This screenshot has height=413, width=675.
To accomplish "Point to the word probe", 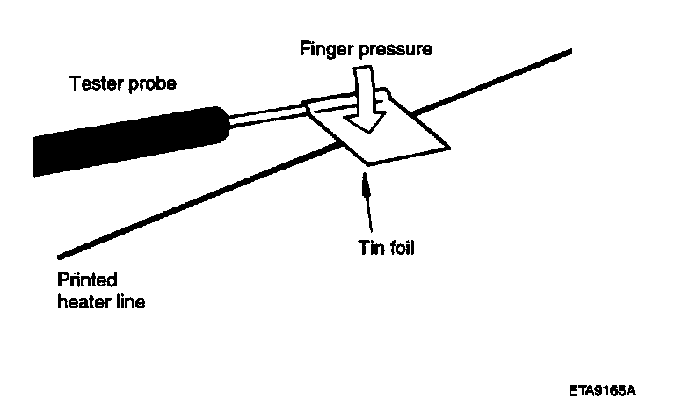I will click(x=155, y=85).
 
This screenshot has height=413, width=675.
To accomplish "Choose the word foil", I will click(x=397, y=248).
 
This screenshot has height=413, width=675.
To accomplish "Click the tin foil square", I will click(x=387, y=136).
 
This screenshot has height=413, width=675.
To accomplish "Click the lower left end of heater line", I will click(x=60, y=257).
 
